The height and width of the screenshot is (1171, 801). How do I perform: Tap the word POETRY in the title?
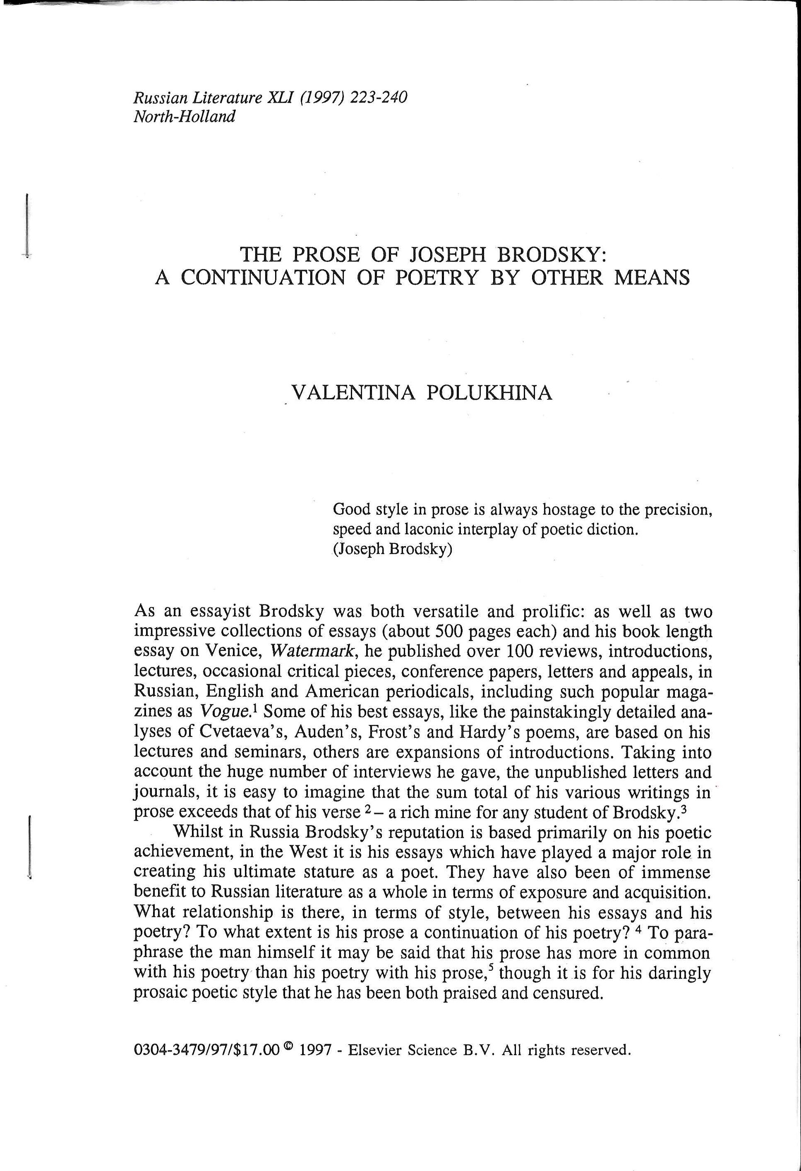tap(436, 278)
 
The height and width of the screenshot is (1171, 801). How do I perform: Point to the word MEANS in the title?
tap(651, 278)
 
